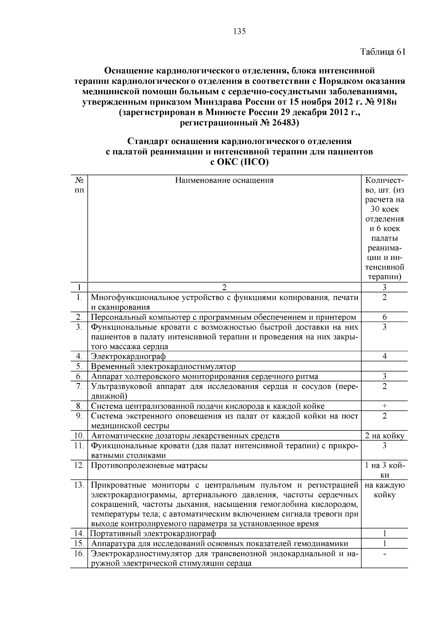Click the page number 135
click(x=239, y=31)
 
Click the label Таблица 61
click(x=382, y=52)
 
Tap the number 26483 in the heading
click(x=283, y=123)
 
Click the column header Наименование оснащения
click(x=224, y=180)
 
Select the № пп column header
click(x=79, y=185)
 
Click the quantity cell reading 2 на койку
click(x=385, y=436)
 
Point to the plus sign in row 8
click(x=385, y=406)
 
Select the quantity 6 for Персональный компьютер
click(x=385, y=317)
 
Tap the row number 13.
click(x=79, y=485)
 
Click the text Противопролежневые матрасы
click(x=149, y=466)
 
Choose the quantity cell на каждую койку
click(x=385, y=490)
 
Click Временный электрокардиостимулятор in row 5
click(x=163, y=366)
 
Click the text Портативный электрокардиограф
click(x=153, y=534)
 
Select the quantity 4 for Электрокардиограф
click(x=385, y=356)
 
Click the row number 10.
click(x=79, y=436)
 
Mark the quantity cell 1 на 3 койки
click(x=385, y=470)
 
